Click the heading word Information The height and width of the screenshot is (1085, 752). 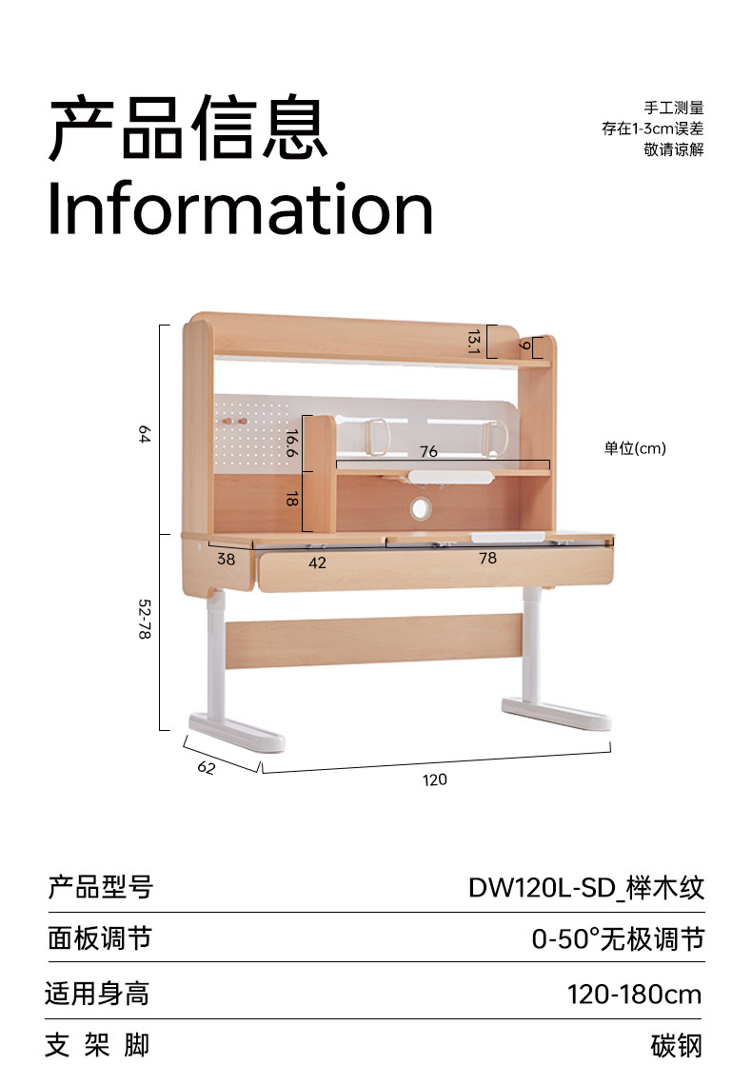[240, 209]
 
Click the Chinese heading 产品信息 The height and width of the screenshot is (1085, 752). [188, 127]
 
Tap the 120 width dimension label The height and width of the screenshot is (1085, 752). [434, 779]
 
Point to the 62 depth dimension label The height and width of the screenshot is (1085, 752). [207, 767]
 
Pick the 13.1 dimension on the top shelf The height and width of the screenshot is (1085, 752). [473, 341]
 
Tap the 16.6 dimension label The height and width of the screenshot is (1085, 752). [291, 444]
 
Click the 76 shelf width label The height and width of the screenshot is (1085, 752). [428, 451]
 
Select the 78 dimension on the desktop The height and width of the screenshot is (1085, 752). [487, 559]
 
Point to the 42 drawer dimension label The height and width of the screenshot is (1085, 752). [317, 562]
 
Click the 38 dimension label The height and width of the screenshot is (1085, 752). [226, 560]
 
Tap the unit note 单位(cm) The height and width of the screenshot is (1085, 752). [635, 448]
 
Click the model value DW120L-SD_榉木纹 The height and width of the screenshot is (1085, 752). [585, 888]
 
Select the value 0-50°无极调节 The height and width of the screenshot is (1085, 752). [617, 939]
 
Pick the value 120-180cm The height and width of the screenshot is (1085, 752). [634, 995]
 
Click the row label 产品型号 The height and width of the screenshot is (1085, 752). [100, 888]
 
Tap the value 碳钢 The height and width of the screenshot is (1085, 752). [677, 1045]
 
